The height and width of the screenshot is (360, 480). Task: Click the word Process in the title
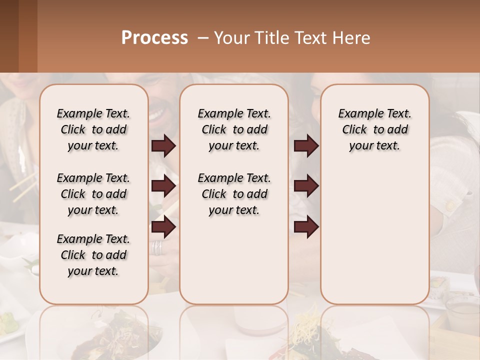click(154, 38)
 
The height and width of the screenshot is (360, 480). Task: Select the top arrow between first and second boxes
click(163, 146)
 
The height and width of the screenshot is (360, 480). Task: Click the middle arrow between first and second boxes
click(163, 186)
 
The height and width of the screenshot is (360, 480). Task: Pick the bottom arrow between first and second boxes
click(163, 227)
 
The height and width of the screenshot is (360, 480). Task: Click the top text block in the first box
click(93, 129)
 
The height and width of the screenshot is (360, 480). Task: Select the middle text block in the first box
click(93, 194)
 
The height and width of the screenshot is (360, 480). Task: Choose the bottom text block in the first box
click(93, 255)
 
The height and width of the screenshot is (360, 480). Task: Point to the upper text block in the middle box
click(234, 129)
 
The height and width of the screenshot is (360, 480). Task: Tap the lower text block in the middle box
click(234, 194)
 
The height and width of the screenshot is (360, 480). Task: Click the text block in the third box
click(374, 129)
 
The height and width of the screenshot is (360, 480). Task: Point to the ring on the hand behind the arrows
click(157, 247)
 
